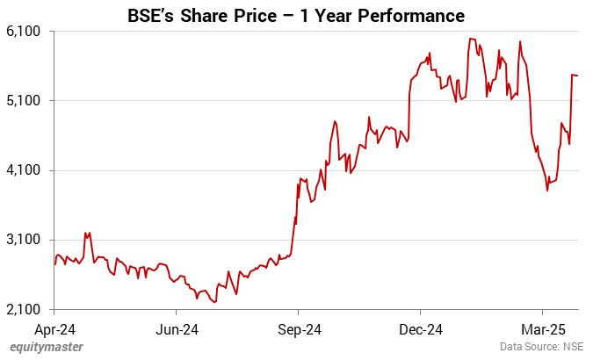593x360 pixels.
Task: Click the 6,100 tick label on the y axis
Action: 25,31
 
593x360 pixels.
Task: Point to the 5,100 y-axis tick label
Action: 25,100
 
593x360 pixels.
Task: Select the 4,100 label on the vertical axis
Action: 25,170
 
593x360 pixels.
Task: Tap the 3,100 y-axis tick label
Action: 25,240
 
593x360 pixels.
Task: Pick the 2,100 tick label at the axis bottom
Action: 25,310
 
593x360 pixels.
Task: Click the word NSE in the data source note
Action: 574,347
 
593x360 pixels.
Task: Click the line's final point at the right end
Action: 577,76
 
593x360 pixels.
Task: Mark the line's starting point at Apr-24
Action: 54,263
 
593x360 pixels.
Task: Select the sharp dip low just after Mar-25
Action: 547,190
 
